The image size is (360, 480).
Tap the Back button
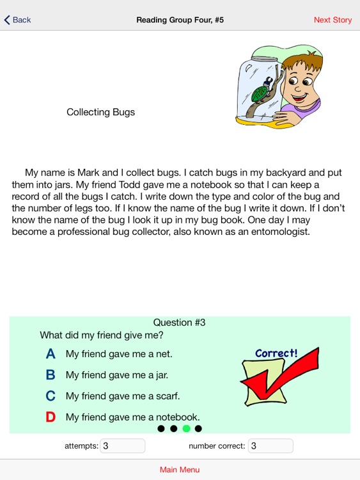tap(18, 20)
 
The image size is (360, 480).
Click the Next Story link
tap(333, 20)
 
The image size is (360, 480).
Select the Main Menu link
tap(180, 470)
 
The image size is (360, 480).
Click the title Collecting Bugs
tap(100, 112)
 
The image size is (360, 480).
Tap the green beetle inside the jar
tap(260, 92)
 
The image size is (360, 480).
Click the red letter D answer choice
tap(51, 417)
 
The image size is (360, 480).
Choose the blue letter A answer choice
tap(51, 354)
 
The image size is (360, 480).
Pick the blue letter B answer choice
tap(51, 375)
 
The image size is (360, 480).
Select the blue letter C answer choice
tap(51, 396)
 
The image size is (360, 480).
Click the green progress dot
tap(186, 429)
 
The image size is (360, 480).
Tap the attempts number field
tap(122, 446)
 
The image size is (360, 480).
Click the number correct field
tap(270, 446)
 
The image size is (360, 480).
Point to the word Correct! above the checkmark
tap(276, 353)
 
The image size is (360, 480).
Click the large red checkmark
tap(269, 383)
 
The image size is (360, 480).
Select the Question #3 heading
tap(180, 323)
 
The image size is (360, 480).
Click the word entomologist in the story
tap(278, 232)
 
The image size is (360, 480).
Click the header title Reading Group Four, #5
tap(180, 20)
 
